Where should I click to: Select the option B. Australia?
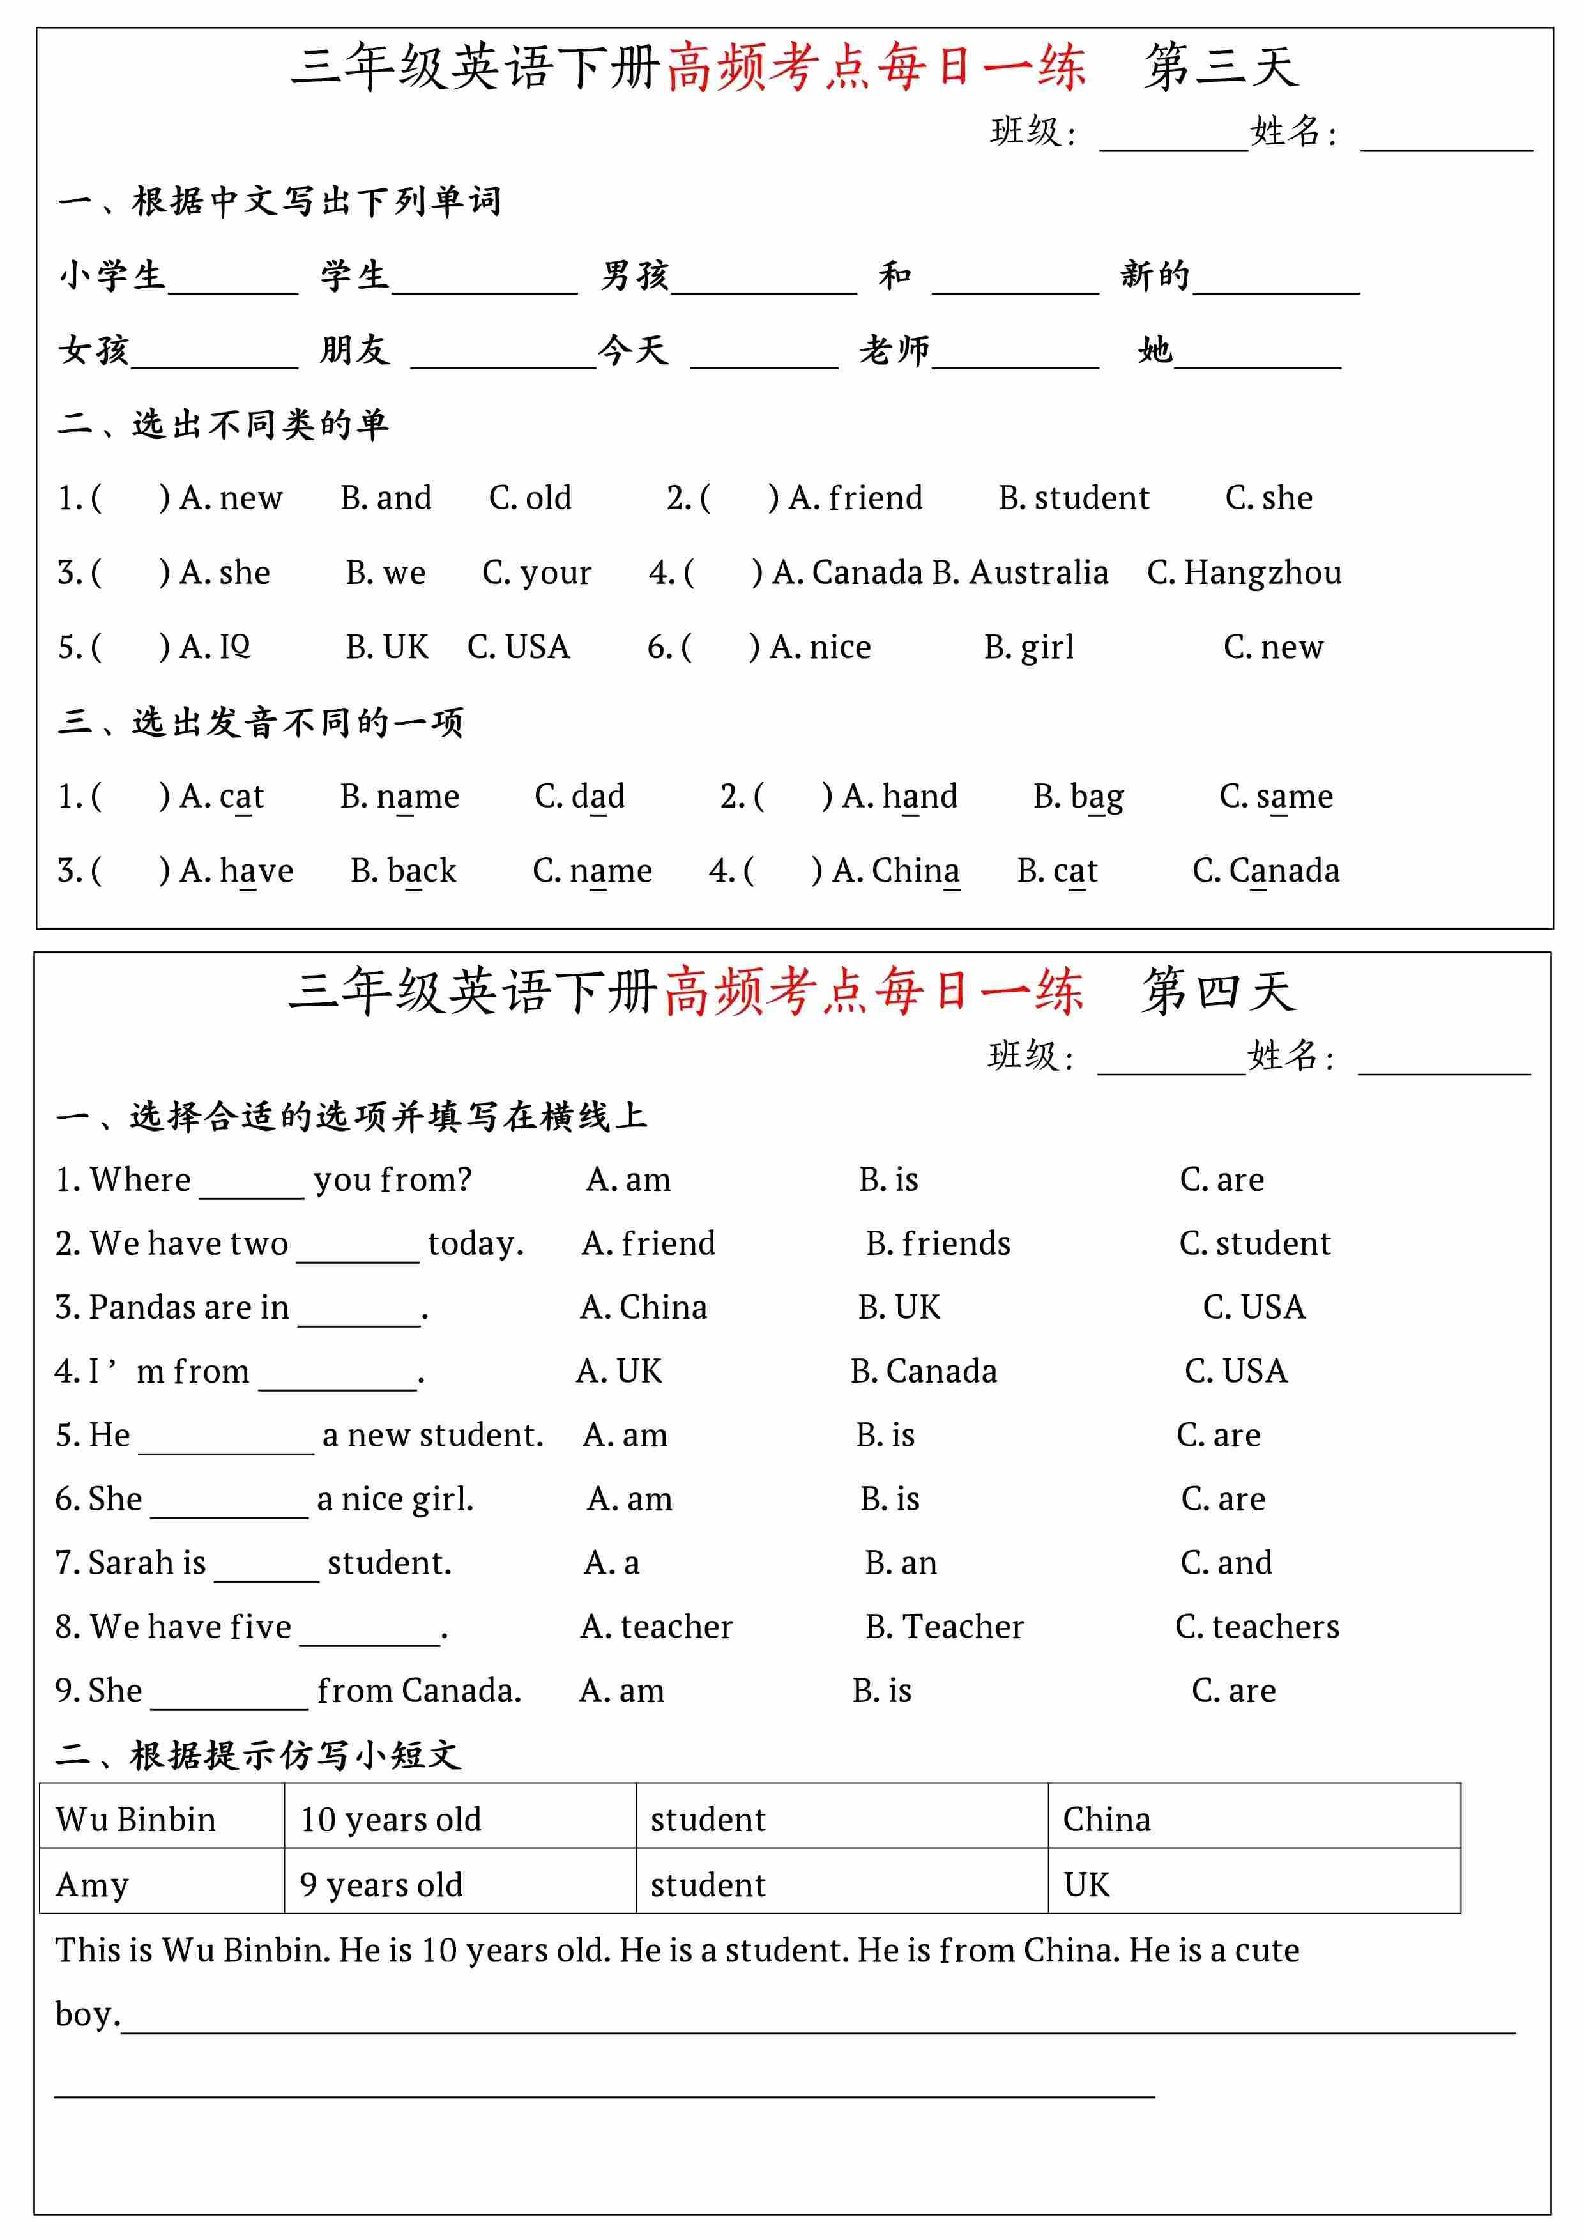(x=1020, y=572)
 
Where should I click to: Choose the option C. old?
(x=529, y=498)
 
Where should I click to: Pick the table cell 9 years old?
(x=381, y=1884)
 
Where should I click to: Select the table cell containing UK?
(x=1086, y=1884)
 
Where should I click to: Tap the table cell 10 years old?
(x=390, y=1820)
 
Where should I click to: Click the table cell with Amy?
(x=93, y=1884)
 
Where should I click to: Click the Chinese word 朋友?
(x=355, y=350)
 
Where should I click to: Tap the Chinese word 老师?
(x=894, y=350)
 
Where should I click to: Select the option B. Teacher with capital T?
(x=944, y=1627)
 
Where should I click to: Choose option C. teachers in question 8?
(x=1256, y=1627)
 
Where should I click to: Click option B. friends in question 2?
(x=938, y=1243)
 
